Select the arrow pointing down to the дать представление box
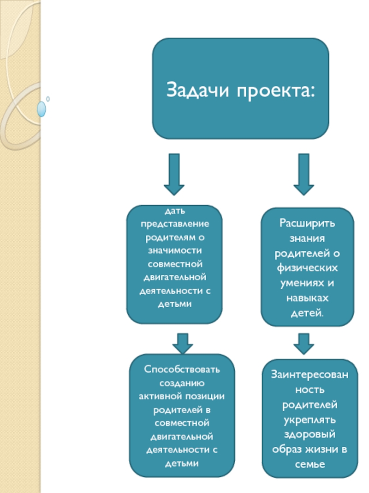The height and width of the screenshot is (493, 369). tap(174, 174)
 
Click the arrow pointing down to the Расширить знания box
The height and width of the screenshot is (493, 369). tap(304, 174)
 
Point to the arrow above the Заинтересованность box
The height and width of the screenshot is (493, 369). tap(304, 343)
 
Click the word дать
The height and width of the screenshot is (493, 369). tap(174, 212)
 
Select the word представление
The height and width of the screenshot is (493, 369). tap(174, 224)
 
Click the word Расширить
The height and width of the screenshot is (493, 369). tap(307, 224)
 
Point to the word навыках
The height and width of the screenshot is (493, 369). tap(307, 298)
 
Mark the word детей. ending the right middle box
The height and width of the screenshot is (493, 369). tap(307, 313)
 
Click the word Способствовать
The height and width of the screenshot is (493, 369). tap(182, 370)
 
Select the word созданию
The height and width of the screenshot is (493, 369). tap(182, 383)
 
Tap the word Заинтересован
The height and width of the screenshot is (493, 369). tap(310, 375)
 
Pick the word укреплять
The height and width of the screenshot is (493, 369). tap(310, 420)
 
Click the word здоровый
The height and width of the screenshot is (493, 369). tap(310, 435)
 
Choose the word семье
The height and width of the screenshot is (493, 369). tap(310, 464)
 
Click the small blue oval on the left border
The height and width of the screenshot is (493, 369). tap(42, 109)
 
